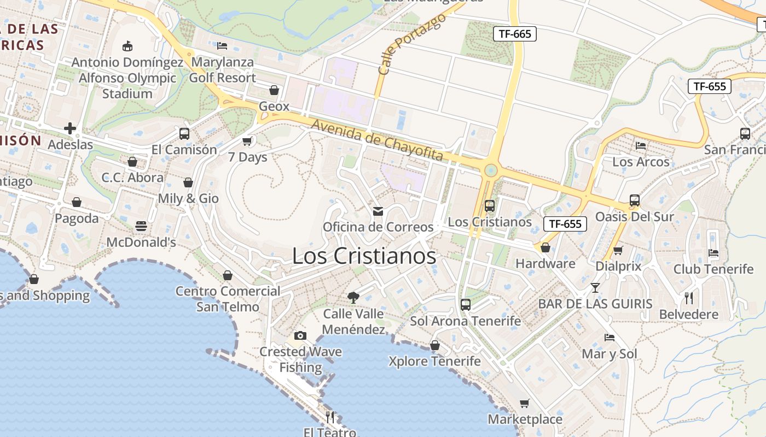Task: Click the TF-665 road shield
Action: point(515,34)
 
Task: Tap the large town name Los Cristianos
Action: point(364,256)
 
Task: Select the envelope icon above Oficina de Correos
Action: point(378,211)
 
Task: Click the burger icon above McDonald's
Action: point(141,226)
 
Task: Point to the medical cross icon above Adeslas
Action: point(70,129)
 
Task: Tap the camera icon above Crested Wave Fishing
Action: point(300,335)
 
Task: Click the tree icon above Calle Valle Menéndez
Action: point(353,298)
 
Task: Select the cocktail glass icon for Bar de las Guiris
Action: point(595,288)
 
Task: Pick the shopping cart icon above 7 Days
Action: point(247,141)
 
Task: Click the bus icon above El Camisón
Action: point(184,134)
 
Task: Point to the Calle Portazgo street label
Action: point(411,44)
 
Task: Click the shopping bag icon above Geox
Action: point(274,90)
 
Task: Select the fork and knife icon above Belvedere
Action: point(689,298)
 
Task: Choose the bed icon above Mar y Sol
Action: point(610,338)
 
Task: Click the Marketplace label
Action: point(525,420)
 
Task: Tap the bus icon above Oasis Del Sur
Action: point(635,200)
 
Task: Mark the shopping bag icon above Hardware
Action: point(546,248)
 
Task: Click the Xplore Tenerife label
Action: point(434,361)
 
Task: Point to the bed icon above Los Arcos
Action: point(641,146)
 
